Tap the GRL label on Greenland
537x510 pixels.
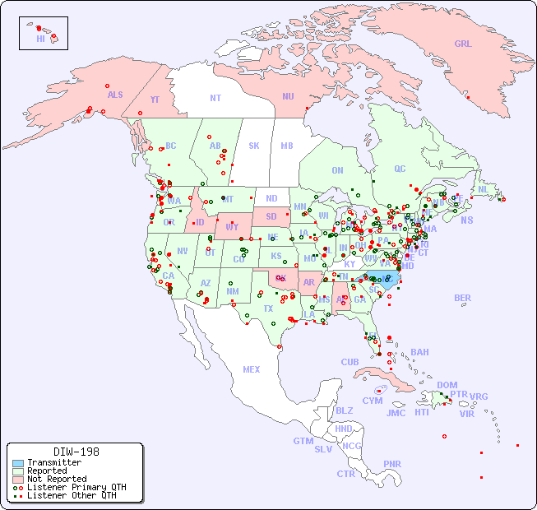(x=463, y=44)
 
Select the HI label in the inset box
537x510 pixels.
(x=40, y=38)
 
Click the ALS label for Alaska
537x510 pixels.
(x=115, y=95)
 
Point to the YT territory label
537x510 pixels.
(x=155, y=100)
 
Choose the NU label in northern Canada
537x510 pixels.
(x=288, y=96)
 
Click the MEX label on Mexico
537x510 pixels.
(x=252, y=369)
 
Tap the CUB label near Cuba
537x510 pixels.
(x=350, y=362)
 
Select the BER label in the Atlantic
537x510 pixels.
(x=462, y=298)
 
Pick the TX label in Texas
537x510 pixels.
(x=268, y=308)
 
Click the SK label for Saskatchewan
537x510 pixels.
(x=254, y=146)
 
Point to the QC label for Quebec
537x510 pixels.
(x=400, y=169)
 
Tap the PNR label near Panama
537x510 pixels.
(x=392, y=464)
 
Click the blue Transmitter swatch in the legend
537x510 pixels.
(x=18, y=463)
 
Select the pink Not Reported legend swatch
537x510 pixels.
(x=18, y=479)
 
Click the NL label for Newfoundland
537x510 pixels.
(x=484, y=188)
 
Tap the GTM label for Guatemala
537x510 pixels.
(x=303, y=441)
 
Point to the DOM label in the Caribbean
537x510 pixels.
(x=447, y=385)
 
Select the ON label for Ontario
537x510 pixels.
(x=337, y=170)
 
